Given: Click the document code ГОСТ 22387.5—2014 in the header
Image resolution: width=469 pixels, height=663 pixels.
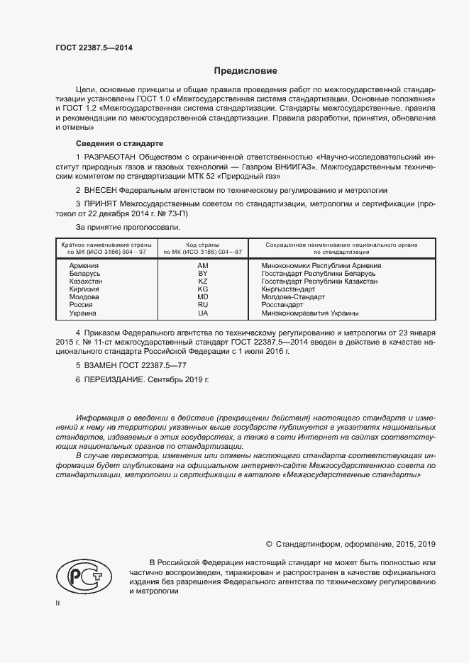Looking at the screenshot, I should (x=93, y=48).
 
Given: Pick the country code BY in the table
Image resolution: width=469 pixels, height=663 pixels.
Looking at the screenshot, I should (x=202, y=273).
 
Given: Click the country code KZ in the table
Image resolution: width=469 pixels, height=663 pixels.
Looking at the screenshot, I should (x=202, y=281).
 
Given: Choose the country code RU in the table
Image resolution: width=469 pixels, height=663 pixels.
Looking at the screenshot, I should (x=202, y=305).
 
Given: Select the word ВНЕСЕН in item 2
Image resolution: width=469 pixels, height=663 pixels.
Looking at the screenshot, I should (x=101, y=190).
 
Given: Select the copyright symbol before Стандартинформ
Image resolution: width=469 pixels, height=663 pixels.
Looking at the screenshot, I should (x=269, y=544).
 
